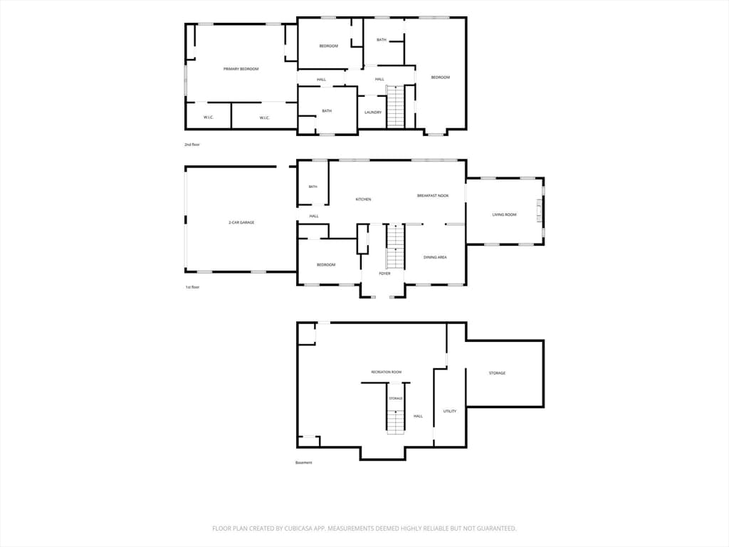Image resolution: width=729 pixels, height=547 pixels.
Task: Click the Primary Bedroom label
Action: click(x=241, y=69)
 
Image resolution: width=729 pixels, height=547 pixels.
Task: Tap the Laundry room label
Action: click(x=373, y=113)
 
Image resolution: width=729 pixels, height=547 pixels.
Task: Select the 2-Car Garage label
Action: click(x=241, y=223)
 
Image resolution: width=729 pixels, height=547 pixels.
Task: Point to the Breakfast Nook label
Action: click(x=433, y=196)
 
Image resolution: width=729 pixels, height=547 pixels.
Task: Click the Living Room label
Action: click(x=505, y=215)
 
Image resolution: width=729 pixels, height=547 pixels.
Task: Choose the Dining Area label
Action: click(x=435, y=257)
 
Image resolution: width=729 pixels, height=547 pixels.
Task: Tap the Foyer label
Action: click(x=384, y=273)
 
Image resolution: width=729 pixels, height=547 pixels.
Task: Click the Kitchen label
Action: click(x=363, y=199)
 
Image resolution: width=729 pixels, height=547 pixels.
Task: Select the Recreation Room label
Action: click(x=387, y=372)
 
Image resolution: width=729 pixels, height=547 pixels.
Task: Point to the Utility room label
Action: click(x=450, y=411)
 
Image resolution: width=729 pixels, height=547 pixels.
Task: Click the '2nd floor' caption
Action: click(x=192, y=145)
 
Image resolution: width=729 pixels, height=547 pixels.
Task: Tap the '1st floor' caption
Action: click(x=192, y=287)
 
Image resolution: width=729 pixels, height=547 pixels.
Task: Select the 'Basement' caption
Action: click(x=303, y=462)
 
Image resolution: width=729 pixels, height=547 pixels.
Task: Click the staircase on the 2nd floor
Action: click(x=396, y=106)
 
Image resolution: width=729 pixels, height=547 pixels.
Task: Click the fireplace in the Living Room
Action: click(x=539, y=211)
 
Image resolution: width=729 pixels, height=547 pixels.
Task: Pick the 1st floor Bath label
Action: click(x=313, y=187)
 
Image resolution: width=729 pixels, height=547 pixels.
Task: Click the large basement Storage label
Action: click(x=497, y=373)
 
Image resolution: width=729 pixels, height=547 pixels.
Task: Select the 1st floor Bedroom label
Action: click(x=326, y=265)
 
